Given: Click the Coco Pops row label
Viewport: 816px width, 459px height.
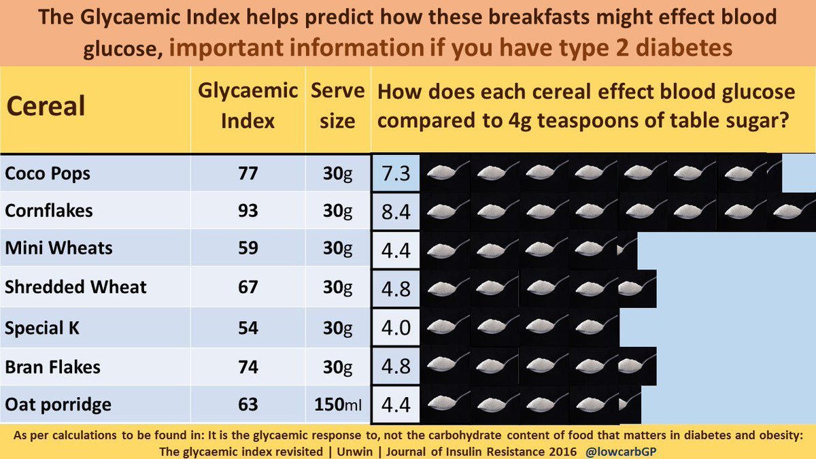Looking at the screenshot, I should tap(48, 174).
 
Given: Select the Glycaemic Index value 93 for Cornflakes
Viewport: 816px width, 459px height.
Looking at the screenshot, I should tap(248, 211).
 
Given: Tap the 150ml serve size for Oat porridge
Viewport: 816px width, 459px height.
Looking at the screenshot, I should tap(338, 405).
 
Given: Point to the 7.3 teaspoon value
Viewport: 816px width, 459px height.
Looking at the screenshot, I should tap(396, 174).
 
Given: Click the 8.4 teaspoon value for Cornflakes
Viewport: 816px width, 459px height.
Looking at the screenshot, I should tap(396, 211).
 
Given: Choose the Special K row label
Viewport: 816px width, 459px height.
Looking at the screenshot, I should tap(42, 328).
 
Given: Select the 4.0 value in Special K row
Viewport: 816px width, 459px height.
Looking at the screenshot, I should tap(396, 328).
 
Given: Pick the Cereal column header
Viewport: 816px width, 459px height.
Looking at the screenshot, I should tap(46, 106).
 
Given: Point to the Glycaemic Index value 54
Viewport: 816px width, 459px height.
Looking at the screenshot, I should tap(248, 328).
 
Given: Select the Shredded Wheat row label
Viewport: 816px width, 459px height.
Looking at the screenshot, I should tap(75, 287).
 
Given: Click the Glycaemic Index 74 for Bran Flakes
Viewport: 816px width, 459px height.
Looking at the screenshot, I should tap(248, 367).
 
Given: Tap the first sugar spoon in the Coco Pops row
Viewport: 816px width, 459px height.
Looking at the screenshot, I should tap(445, 174).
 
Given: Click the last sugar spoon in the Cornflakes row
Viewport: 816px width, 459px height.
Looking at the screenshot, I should tap(792, 211).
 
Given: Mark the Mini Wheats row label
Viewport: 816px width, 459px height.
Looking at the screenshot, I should tap(59, 249).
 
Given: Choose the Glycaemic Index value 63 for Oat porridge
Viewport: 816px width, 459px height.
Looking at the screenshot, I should tap(248, 405).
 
